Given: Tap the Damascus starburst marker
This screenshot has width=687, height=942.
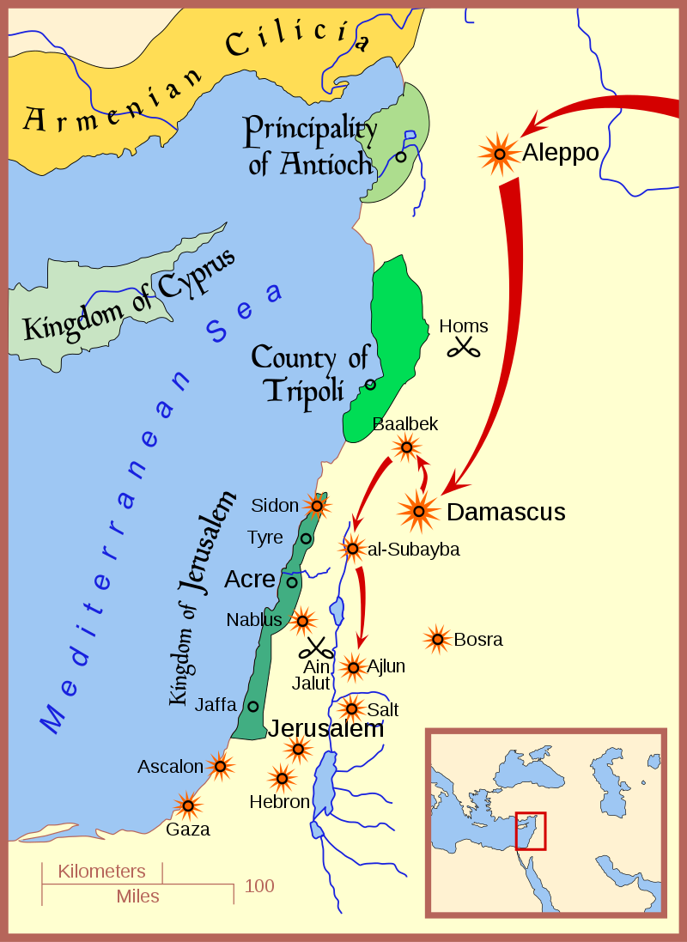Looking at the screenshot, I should (418, 512).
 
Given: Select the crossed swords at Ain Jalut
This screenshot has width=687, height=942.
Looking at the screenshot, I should (316, 648).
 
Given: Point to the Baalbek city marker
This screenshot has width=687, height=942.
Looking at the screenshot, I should (406, 447).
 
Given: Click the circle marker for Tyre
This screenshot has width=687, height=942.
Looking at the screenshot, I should (306, 538).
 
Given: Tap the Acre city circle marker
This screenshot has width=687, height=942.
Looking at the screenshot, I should (292, 582).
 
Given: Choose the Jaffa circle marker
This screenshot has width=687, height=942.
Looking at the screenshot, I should (253, 706).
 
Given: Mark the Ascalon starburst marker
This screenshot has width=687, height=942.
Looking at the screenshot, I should (221, 766).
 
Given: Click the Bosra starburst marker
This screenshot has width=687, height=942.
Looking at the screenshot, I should (438, 639).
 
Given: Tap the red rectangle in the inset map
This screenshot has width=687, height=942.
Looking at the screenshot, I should (530, 831).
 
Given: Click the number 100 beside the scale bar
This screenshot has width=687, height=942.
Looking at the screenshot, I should (259, 885).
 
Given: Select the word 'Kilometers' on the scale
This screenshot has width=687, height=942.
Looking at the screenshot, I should (101, 872).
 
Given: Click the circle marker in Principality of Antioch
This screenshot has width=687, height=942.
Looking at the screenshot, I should (401, 156).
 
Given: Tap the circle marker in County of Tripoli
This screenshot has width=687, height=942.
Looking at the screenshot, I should (370, 384).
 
